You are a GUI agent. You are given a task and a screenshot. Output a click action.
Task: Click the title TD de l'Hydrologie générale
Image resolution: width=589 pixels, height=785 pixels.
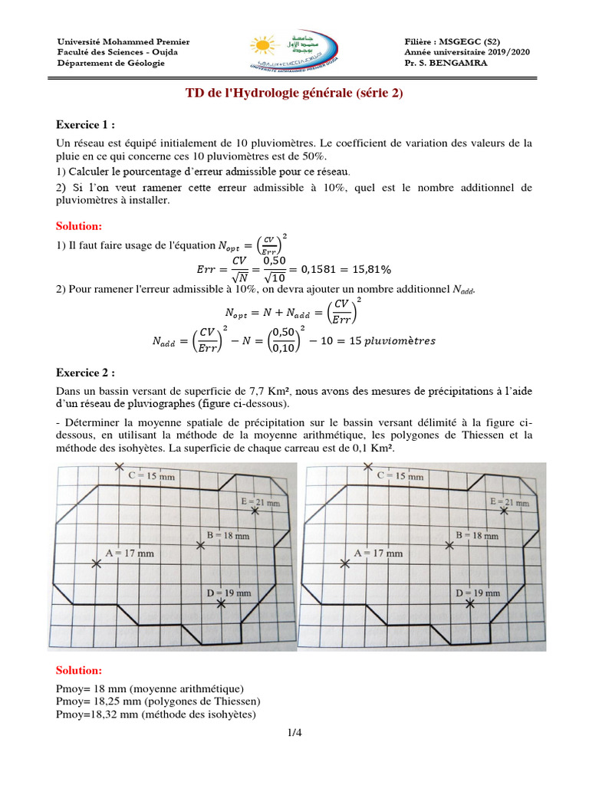point(294,94)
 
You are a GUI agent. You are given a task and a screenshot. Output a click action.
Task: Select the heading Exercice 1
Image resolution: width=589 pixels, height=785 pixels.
point(86,125)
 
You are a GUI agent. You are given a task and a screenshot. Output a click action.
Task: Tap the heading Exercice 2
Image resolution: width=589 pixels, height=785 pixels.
point(86,373)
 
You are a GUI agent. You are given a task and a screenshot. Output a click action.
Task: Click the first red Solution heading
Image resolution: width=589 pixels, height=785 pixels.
point(79,226)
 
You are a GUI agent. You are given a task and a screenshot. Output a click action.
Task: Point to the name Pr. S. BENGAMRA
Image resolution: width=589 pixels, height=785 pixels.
point(445,63)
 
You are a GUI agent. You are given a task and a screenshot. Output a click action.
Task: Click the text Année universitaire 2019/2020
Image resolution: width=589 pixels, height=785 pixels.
point(466,52)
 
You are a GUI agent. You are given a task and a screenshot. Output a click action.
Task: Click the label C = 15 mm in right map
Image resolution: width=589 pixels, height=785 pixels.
point(400,476)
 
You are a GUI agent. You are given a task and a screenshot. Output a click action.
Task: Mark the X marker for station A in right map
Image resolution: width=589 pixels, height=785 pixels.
point(344,563)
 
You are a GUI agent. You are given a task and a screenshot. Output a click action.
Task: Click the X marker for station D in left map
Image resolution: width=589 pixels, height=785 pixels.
point(222,604)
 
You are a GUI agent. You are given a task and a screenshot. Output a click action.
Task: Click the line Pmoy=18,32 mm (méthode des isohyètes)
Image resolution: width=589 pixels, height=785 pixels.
point(156,714)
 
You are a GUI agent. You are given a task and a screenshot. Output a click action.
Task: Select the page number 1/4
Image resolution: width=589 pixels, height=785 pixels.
point(294,734)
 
